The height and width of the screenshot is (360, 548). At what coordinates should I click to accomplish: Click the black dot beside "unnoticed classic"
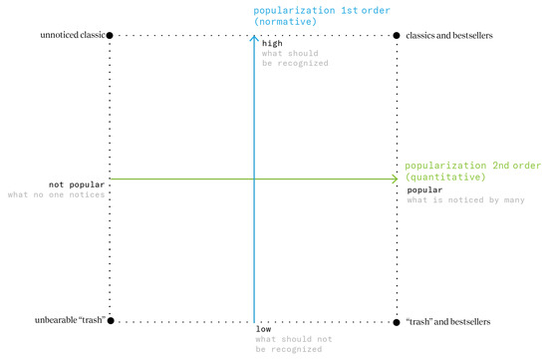click(110, 36)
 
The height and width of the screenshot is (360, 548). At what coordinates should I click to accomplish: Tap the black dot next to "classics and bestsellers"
click(398, 36)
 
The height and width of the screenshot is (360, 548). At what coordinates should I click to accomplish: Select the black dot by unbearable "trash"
click(110, 321)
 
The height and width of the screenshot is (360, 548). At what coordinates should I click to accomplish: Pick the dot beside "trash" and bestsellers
click(398, 321)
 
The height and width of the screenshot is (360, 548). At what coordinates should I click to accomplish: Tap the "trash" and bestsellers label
click(448, 321)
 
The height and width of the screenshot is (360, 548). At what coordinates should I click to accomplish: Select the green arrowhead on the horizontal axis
click(394, 180)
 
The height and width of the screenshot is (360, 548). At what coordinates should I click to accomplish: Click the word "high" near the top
click(271, 44)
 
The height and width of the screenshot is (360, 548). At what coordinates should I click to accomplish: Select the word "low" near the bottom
click(264, 329)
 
